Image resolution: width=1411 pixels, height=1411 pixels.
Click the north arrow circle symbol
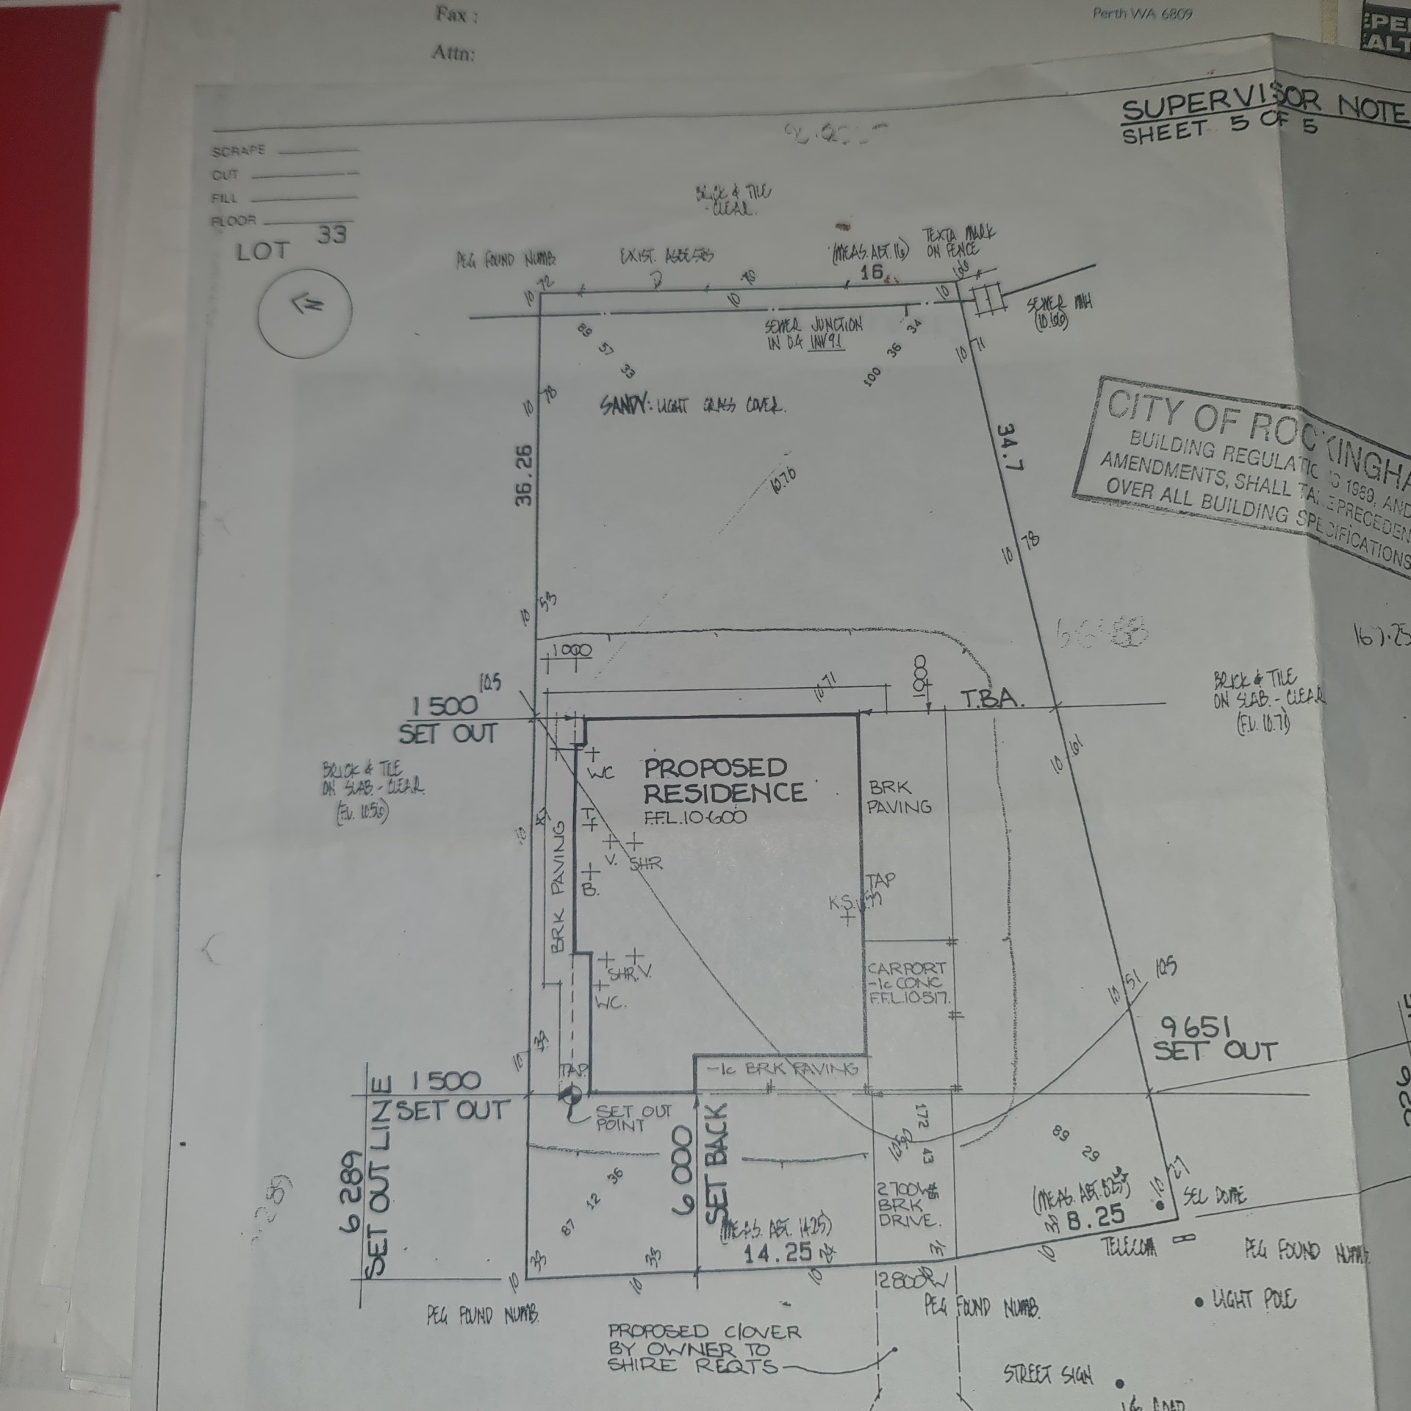(x=304, y=310)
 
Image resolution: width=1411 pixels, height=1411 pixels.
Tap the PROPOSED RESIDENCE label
(x=724, y=780)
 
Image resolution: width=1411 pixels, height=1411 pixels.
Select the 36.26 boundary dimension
(x=524, y=474)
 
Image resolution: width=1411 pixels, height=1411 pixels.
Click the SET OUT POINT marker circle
(x=569, y=1096)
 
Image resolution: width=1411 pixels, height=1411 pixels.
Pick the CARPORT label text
(x=906, y=969)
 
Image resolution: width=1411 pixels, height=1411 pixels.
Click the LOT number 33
(x=332, y=235)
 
